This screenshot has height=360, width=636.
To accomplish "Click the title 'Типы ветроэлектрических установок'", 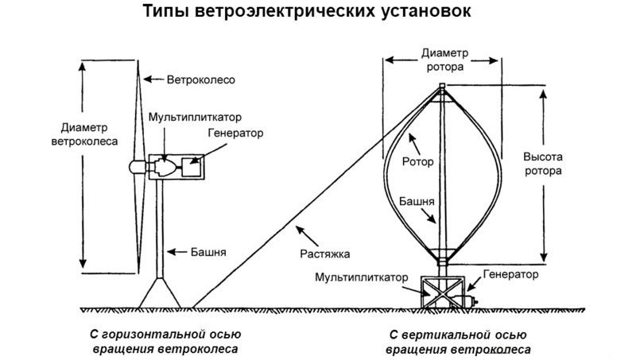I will [x=318, y=14].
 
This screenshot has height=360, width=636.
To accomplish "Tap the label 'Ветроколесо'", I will [x=200, y=80].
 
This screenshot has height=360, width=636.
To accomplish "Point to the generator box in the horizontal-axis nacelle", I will [x=191, y=167].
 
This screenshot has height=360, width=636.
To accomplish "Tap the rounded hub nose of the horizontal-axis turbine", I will [x=134, y=166].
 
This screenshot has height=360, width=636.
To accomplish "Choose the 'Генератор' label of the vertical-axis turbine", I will [x=510, y=275].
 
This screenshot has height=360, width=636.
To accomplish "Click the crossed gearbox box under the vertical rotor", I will [x=440, y=291].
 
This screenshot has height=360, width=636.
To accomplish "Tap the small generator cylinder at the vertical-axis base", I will [x=470, y=300].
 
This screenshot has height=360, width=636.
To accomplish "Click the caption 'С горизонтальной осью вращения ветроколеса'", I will [x=165, y=341].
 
